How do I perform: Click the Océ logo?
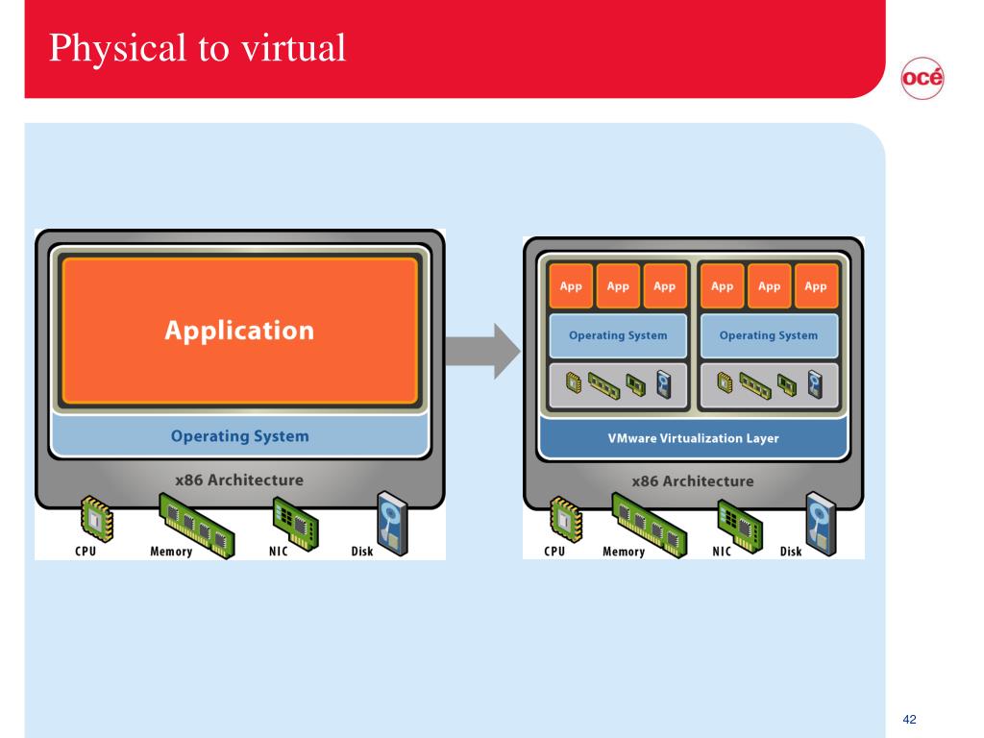(x=922, y=79)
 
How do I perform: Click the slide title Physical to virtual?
(x=197, y=48)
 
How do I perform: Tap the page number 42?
(x=909, y=719)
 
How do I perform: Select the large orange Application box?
(x=239, y=331)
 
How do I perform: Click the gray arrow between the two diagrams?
(x=482, y=351)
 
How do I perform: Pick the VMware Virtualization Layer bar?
(x=693, y=438)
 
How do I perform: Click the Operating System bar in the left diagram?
(x=239, y=435)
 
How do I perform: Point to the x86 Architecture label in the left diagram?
(x=239, y=480)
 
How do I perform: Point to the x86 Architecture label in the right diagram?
(x=693, y=481)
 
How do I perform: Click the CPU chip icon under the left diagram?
(x=97, y=518)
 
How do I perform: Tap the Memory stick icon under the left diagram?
(x=196, y=526)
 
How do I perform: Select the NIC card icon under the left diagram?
(x=296, y=524)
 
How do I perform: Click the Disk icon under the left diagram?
(x=392, y=524)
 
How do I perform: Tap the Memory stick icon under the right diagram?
(x=649, y=526)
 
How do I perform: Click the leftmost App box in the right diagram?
(x=571, y=286)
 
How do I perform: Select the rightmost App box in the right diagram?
(x=816, y=286)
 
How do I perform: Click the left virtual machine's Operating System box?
(x=618, y=335)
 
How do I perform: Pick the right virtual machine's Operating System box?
(x=769, y=335)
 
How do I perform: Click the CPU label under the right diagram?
(x=554, y=551)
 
